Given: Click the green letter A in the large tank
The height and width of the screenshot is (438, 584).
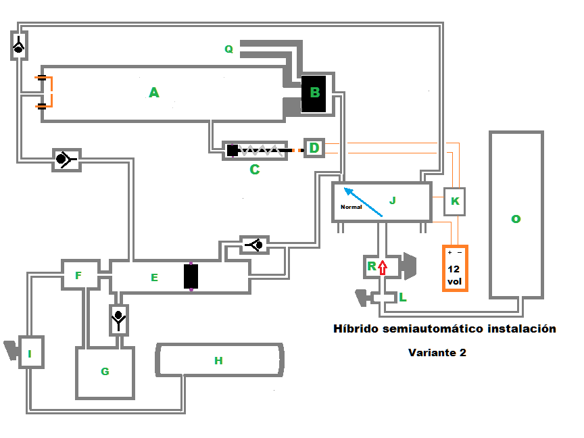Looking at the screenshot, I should click(154, 93).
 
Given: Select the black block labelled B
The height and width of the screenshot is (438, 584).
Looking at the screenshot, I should click(315, 93).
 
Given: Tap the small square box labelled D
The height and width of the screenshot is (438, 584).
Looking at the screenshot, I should click(314, 147).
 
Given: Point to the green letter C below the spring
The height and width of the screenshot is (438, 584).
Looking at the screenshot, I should click(254, 170).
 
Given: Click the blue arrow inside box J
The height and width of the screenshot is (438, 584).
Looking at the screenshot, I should click(363, 201).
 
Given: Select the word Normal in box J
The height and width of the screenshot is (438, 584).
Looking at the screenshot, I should click(351, 208).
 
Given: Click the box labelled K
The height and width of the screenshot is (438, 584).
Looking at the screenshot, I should click(455, 201).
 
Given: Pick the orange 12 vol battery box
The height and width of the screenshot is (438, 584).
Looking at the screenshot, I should click(455, 268).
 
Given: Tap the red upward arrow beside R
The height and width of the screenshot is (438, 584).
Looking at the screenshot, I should click(383, 267).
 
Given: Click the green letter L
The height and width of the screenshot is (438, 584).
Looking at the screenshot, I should click(402, 297).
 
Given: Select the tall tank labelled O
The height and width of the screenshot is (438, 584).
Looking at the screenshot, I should click(516, 215).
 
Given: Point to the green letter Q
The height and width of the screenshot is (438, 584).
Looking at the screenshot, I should click(228, 49).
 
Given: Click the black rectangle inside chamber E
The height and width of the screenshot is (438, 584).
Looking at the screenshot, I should click(191, 277).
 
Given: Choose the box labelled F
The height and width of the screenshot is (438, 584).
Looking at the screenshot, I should click(79, 275).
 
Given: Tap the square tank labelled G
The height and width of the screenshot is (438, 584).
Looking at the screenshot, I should click(105, 371).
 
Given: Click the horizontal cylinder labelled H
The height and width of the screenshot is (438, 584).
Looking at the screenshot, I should click(218, 360).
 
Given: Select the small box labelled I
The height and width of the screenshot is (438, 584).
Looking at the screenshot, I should click(30, 352).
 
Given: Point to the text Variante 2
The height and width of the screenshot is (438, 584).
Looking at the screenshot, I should click(437, 352).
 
